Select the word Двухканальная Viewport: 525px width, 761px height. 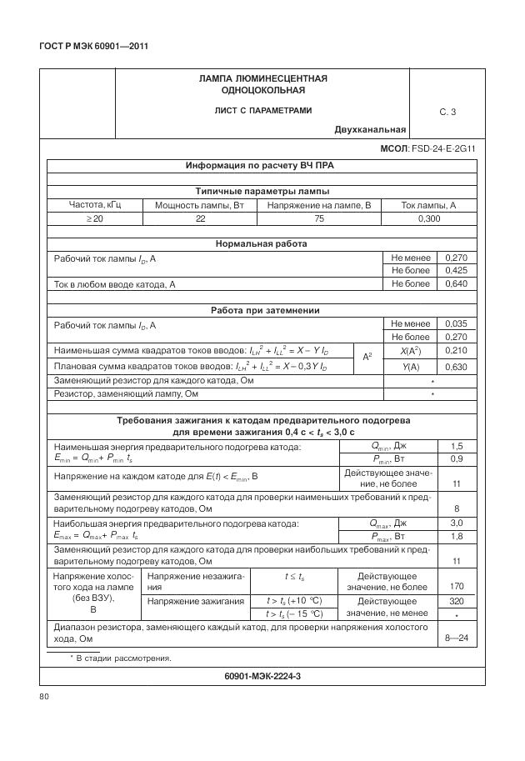[x=370, y=129]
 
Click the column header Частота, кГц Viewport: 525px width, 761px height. [x=95, y=205]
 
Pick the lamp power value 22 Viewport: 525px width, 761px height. [x=200, y=218]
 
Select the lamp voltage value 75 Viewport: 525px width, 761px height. [x=318, y=218]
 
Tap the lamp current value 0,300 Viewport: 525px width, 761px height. [x=429, y=218]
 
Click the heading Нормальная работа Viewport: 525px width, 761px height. [x=262, y=244]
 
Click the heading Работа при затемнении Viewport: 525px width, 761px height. [x=262, y=311]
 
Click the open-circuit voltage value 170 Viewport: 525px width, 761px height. [x=456, y=586]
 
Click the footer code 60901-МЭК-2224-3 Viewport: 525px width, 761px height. [x=262, y=676]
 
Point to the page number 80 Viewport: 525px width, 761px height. [x=45, y=695]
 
